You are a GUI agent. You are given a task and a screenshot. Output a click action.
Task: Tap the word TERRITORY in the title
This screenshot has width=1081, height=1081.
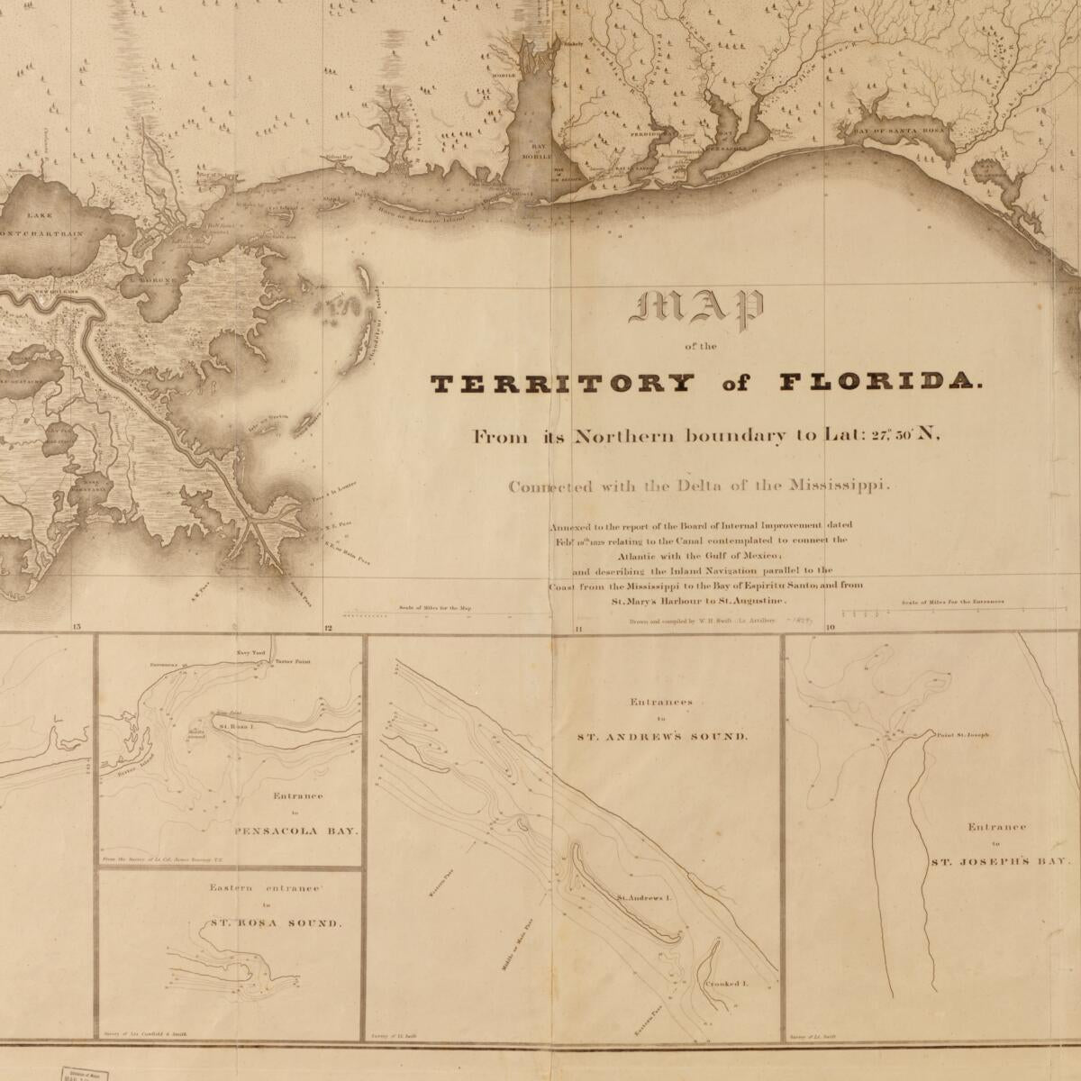[x=563, y=384]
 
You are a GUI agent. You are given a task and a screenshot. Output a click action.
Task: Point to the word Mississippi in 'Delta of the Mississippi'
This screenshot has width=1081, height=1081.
[x=839, y=486]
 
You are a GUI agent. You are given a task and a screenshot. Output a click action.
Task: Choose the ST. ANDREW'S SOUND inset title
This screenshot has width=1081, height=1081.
[x=661, y=736]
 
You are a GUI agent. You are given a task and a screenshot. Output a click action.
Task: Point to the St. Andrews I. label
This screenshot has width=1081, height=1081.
[x=645, y=898]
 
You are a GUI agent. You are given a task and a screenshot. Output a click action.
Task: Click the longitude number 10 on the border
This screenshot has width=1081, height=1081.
[x=830, y=627]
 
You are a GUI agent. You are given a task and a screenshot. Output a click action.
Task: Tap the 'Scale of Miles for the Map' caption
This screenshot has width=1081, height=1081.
[x=434, y=608]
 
